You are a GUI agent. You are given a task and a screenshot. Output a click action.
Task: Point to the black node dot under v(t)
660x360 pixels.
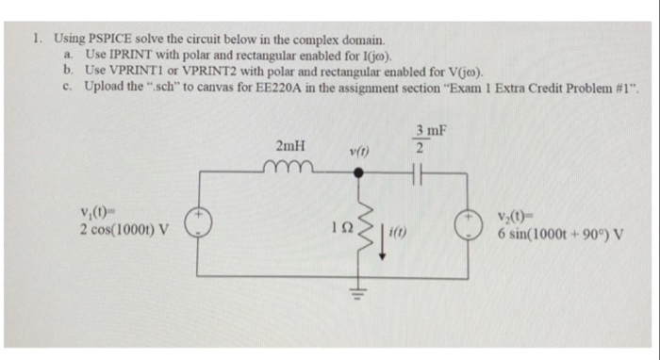(358, 173)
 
